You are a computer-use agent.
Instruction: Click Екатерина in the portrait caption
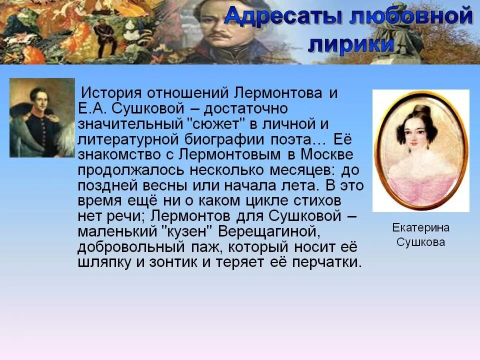(x=420, y=228)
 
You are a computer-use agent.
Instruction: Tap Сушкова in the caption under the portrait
(x=420, y=242)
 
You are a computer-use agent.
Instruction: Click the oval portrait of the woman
(x=420, y=150)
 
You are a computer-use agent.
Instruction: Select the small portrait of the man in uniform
(x=42, y=118)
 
